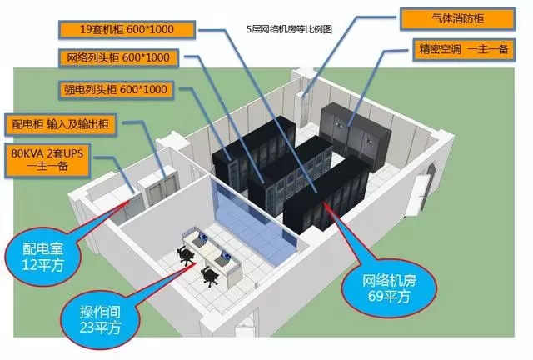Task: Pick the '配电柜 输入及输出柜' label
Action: coord(59,124)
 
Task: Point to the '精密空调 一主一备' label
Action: coord(454,49)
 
